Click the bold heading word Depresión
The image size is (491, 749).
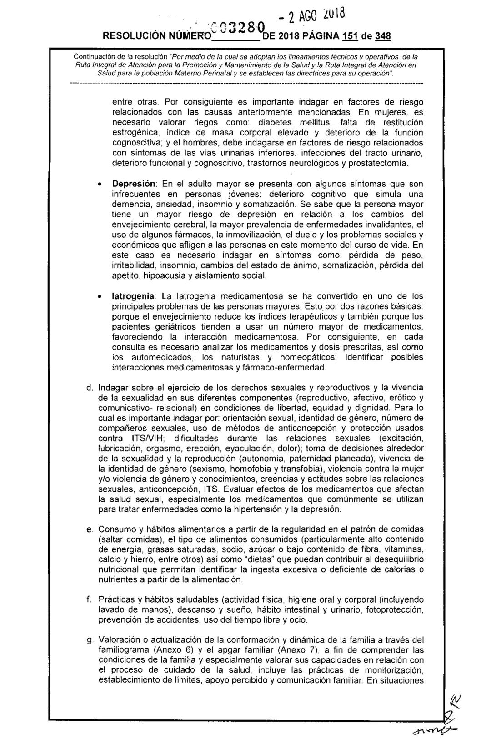tap(134, 184)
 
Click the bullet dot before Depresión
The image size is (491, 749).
tap(98, 185)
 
